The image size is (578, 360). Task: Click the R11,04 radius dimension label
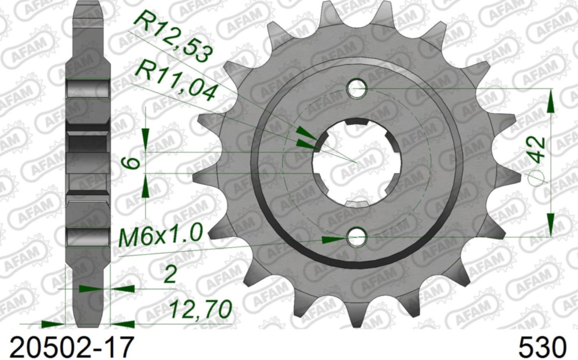tap(175, 81)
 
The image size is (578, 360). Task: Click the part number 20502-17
tap(68, 348)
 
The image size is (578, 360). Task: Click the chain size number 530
tap(542, 348)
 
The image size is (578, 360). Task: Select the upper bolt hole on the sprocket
tap(357, 89)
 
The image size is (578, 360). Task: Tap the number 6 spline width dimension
tap(133, 162)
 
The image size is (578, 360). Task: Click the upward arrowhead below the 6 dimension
tap(145, 185)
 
